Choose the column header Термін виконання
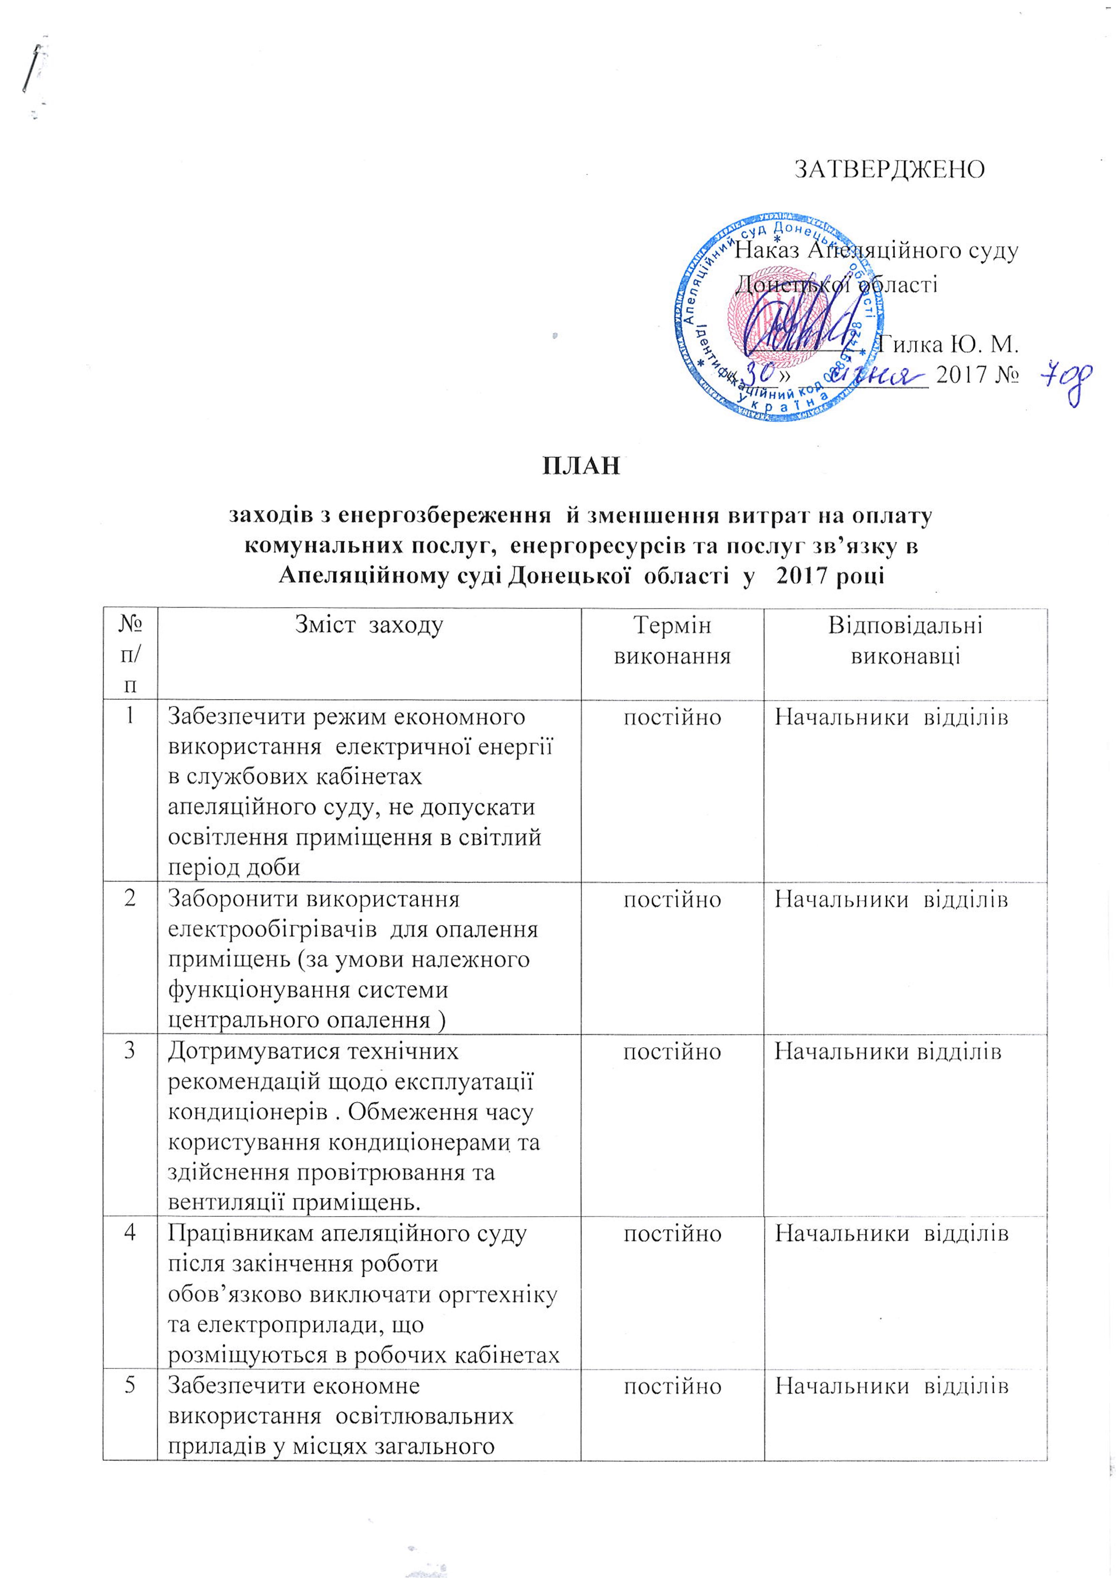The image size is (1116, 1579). click(x=672, y=640)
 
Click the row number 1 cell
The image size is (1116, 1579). click(x=129, y=716)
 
